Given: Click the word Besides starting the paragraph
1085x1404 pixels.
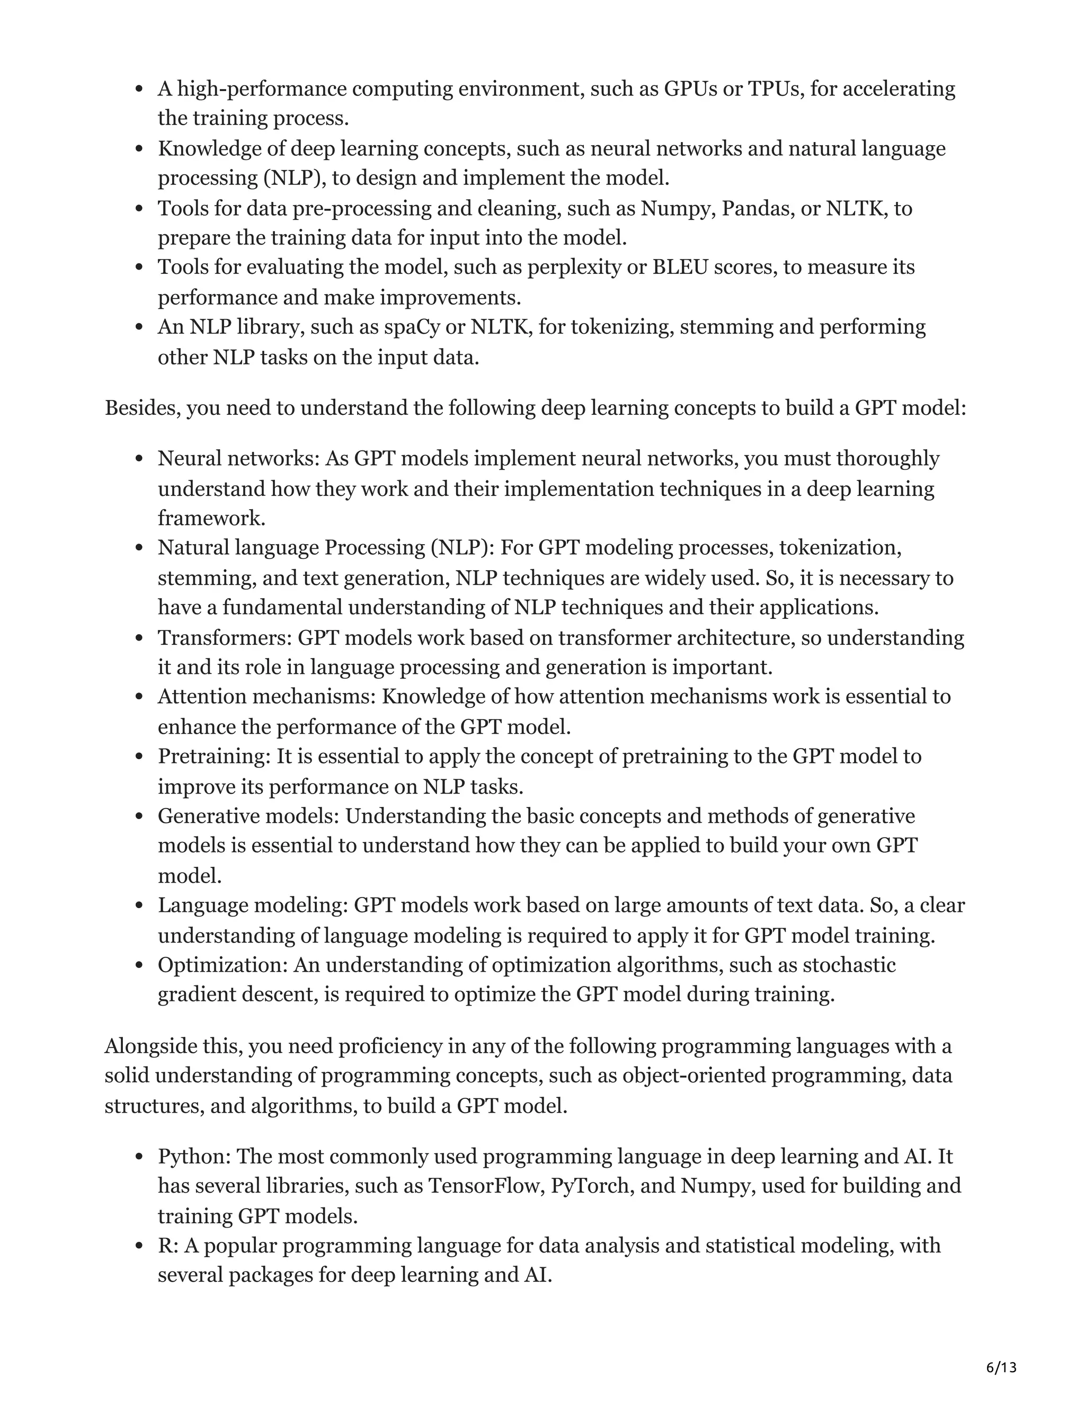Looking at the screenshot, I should pyautogui.click(x=142, y=408).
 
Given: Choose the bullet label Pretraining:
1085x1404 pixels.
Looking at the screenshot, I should pyautogui.click(x=215, y=757).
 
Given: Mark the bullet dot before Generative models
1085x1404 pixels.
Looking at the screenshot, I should pyautogui.click(x=139, y=816).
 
